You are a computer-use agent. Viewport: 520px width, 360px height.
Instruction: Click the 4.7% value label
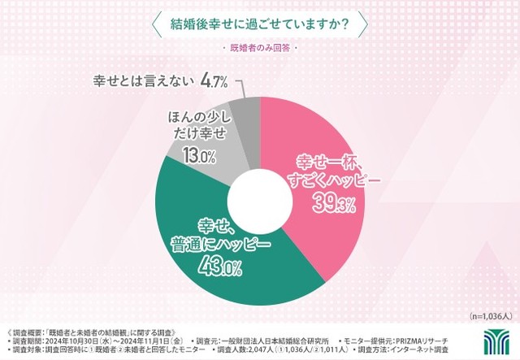click(x=214, y=82)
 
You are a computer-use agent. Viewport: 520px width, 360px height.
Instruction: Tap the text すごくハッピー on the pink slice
click(x=333, y=182)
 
